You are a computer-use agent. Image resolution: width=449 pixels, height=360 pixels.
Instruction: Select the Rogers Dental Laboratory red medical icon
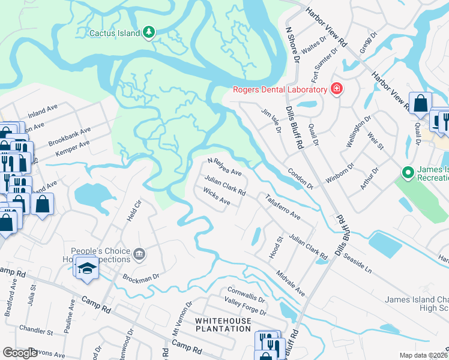tap(337, 90)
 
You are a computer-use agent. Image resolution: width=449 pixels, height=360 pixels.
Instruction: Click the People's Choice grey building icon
tap(139, 253)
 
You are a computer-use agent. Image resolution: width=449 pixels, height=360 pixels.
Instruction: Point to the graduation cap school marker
tap(87, 268)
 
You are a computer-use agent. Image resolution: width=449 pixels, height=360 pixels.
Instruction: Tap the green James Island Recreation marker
tap(409, 173)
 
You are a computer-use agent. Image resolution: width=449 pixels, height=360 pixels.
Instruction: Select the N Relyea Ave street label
tap(224, 167)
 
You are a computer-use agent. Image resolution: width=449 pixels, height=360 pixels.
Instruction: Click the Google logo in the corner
tap(20, 353)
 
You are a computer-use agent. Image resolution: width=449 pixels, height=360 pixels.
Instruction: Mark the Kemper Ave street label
tap(72, 148)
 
